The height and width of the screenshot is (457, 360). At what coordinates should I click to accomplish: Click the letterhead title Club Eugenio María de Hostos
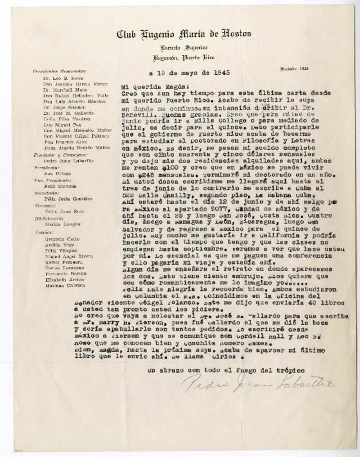pos(184,34)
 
